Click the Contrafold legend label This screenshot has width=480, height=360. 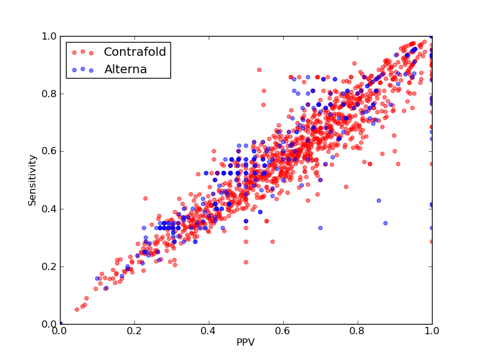(134, 52)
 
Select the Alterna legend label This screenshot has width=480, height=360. (125, 69)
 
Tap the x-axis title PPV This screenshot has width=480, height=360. (245, 342)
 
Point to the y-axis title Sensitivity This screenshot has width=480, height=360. (32, 180)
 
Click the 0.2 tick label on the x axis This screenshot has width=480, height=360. (134, 331)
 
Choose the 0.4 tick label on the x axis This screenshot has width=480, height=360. (209, 331)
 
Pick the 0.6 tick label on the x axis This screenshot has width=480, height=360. (283, 331)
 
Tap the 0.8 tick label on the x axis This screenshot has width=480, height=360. (358, 331)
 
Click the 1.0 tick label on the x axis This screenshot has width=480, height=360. (432, 331)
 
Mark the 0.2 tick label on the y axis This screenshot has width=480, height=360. (49, 266)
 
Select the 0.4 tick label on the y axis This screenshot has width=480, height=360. (49, 209)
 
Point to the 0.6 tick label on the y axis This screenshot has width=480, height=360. (49, 152)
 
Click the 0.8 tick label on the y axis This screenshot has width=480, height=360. (49, 94)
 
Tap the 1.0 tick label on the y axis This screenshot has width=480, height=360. (49, 37)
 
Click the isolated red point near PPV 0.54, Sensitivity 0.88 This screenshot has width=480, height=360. (259, 70)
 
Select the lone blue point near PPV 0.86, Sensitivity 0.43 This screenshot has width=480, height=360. (379, 200)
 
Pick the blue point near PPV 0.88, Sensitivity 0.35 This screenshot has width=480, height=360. (385, 223)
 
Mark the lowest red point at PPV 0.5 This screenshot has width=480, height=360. (246, 262)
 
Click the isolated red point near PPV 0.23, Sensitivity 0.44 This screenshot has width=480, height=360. (145, 199)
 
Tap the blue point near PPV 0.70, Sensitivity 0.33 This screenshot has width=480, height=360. (320, 228)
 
